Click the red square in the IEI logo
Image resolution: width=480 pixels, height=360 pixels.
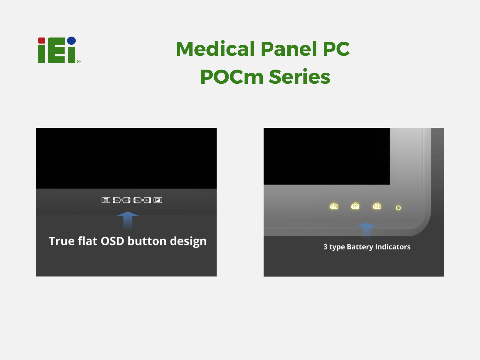41,40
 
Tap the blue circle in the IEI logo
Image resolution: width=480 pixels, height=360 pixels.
71,41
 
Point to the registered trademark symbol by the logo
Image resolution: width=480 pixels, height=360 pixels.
79,61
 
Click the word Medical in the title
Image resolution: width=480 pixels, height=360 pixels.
215,49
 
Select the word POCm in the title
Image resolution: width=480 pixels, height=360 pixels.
232,77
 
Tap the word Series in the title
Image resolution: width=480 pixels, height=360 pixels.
299,77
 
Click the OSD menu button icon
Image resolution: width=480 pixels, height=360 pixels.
106,200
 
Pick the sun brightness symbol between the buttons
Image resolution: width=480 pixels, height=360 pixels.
121,200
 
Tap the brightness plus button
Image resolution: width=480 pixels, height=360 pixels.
127,200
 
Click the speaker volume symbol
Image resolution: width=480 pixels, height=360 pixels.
142,200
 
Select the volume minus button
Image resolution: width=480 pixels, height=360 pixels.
137,200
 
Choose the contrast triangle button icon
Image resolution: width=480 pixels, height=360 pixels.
158,200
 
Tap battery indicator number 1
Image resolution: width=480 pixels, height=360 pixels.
334,206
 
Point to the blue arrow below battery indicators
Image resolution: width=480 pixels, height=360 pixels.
367,230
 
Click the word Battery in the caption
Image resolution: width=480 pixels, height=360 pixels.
360,247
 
